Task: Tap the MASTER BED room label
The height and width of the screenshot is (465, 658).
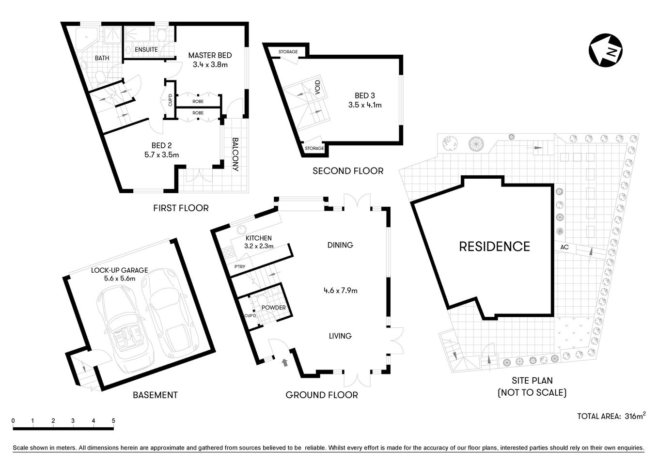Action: pos(210,55)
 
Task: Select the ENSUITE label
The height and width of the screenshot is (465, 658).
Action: pos(146,49)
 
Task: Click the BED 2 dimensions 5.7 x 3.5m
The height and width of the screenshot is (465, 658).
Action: pos(161,155)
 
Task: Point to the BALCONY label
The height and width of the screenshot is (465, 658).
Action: pos(235,155)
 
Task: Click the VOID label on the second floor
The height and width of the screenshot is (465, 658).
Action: pos(317,88)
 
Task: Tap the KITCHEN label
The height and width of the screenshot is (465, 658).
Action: pos(258,238)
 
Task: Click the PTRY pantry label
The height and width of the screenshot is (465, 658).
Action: pos(239,267)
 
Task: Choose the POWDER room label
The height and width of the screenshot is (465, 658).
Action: pos(273,308)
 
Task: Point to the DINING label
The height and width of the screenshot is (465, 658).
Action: pos(340,245)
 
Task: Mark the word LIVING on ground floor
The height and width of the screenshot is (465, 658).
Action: pos(340,336)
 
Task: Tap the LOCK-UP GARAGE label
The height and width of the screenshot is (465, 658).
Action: pos(119,270)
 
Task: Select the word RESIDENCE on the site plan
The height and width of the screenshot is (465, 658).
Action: pos(494,247)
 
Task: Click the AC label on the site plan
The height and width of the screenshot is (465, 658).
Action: pos(564,247)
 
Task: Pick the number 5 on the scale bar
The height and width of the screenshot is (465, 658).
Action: pos(113,420)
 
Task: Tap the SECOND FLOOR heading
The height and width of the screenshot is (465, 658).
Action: pos(347,170)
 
